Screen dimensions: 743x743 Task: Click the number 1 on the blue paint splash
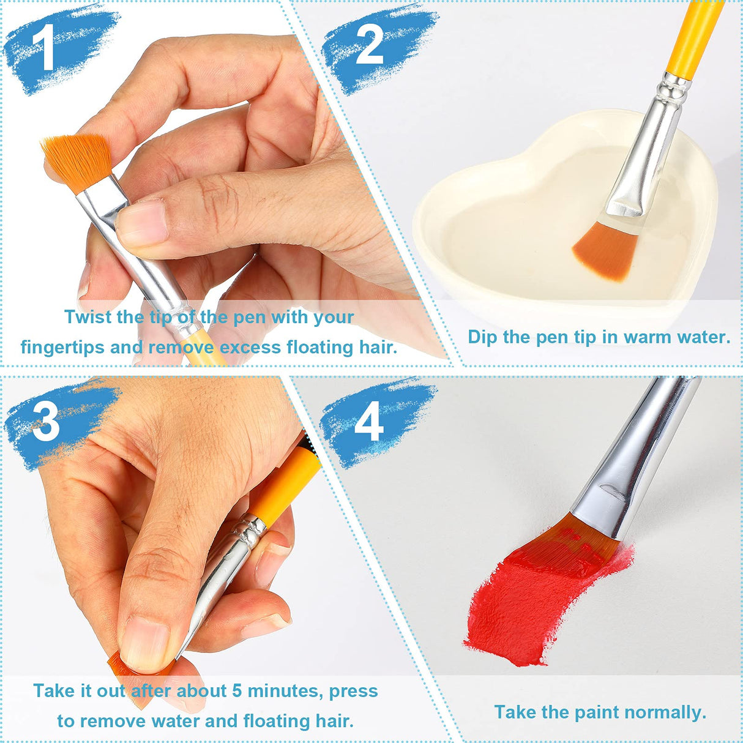click(x=47, y=48)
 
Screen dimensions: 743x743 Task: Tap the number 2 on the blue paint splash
click(x=369, y=45)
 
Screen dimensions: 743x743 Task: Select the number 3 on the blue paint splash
click(x=46, y=422)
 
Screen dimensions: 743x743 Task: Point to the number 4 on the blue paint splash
click(x=368, y=422)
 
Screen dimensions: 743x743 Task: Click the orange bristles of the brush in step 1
click(x=77, y=161)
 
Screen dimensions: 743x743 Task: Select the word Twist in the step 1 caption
click(x=88, y=317)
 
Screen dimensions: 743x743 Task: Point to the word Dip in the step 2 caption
click(x=482, y=337)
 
